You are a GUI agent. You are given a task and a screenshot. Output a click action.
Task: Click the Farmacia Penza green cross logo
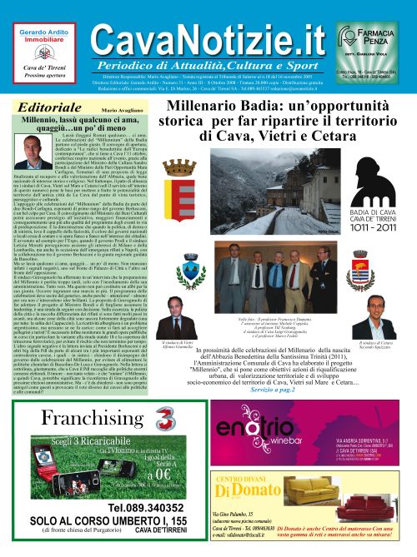pyautogui.click(x=349, y=35)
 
